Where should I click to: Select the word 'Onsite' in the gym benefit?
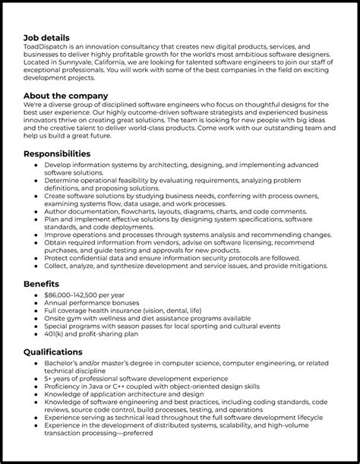pos(56,317)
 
